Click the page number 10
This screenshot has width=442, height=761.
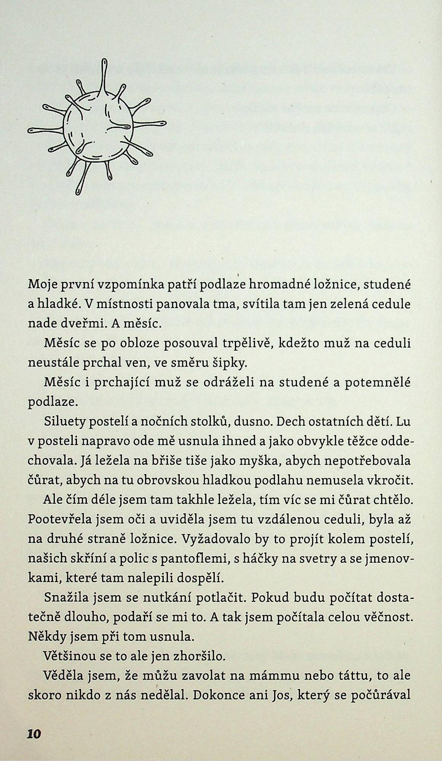click(x=34, y=734)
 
